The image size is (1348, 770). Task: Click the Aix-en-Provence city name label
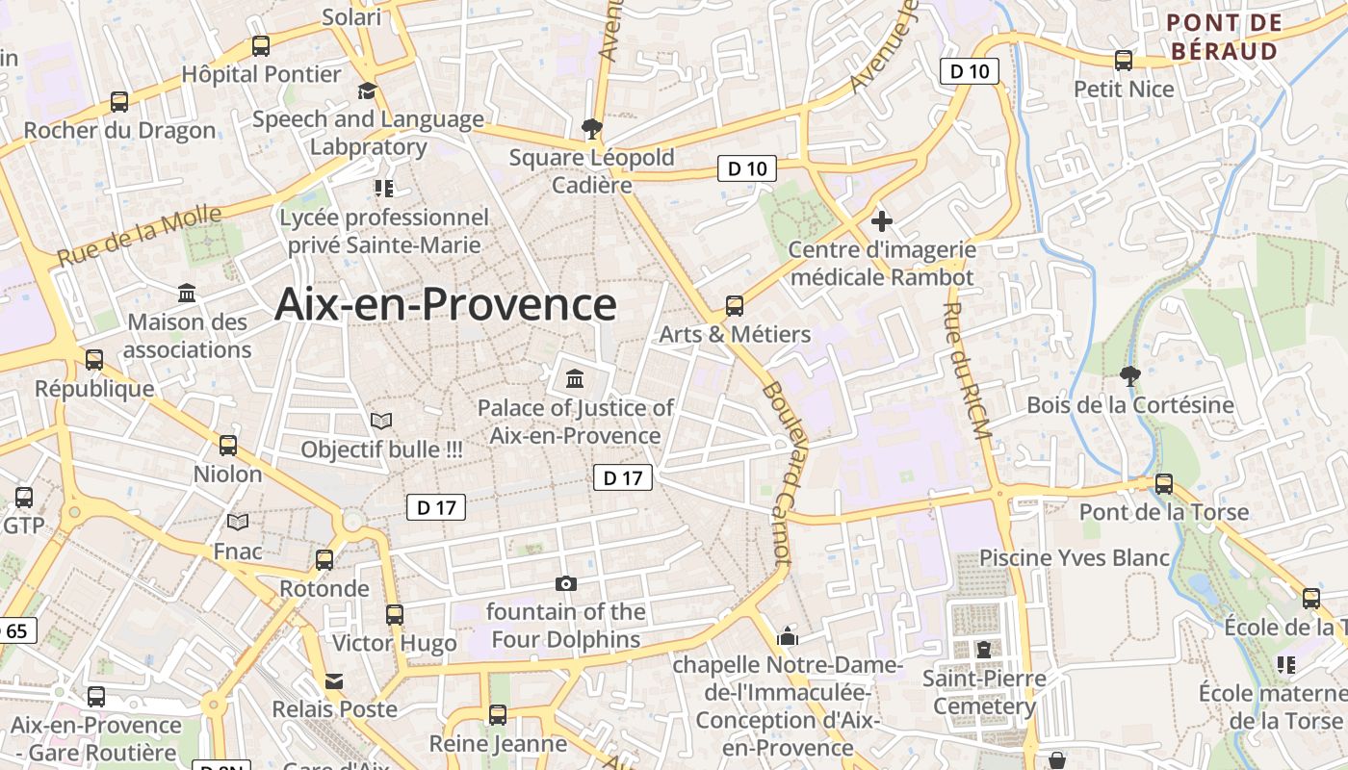coord(445,304)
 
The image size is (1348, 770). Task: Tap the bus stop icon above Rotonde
coord(324,560)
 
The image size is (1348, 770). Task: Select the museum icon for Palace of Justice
coord(575,378)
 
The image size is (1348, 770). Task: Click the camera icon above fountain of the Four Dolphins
coord(566,583)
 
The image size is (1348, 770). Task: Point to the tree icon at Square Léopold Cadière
coord(591,128)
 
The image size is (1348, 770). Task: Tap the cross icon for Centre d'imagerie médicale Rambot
coord(881,221)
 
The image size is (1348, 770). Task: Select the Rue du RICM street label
coord(966,371)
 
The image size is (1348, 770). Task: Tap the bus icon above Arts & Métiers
coord(735,306)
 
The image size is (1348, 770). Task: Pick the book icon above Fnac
coord(238,522)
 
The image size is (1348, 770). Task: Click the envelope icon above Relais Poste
coord(333,680)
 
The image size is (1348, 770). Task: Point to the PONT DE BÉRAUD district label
coord(1224,37)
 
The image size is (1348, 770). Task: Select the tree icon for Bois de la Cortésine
coord(1129,375)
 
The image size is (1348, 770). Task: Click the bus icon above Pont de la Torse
coord(1163,483)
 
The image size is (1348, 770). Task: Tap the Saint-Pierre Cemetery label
coord(984,692)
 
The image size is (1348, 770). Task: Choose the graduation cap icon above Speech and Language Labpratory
coord(367,91)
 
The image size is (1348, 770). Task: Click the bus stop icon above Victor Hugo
coord(394,614)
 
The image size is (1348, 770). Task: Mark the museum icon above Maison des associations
coord(187,293)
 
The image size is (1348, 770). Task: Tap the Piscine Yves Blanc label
coord(1074,557)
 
